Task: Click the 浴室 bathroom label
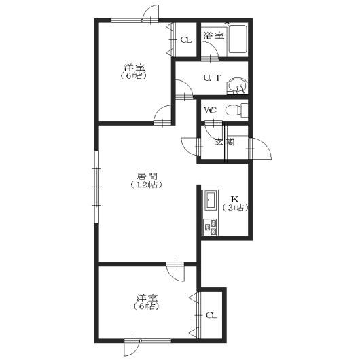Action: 214,35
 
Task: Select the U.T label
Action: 212,78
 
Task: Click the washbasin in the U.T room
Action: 237,86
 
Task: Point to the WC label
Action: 211,111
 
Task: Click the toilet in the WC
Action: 236,110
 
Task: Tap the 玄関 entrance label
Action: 225,142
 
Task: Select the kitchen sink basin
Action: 211,200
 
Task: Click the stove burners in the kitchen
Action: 211,227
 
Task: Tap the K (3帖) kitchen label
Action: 235,203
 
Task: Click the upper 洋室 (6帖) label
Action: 134,71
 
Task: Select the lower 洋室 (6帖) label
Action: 147,302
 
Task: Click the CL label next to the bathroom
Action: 185,40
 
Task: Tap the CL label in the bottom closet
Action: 211,315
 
